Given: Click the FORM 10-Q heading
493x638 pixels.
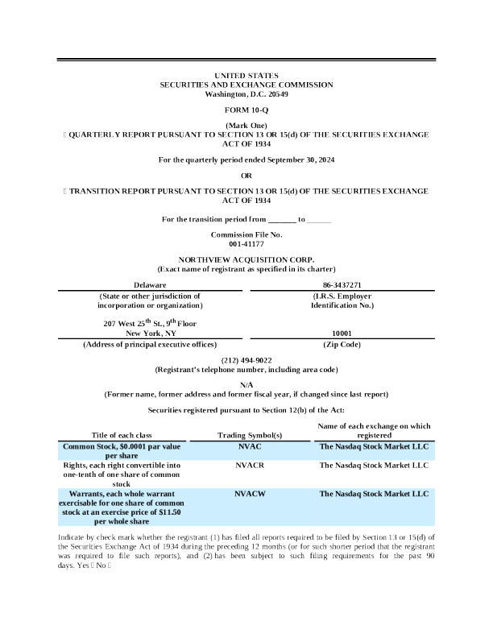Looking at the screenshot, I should (x=246, y=109).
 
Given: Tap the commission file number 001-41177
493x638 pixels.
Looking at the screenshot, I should (x=246, y=242).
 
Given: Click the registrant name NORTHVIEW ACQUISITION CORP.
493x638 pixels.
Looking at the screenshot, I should (x=246, y=260).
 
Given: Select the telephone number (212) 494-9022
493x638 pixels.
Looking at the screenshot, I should (x=246, y=360).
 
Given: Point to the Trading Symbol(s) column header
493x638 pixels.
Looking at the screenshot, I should (x=250, y=435).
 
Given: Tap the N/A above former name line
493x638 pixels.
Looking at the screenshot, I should (x=246, y=385).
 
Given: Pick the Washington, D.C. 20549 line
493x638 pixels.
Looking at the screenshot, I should (x=246, y=94).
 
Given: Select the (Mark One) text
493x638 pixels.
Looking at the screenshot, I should (x=246, y=126).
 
